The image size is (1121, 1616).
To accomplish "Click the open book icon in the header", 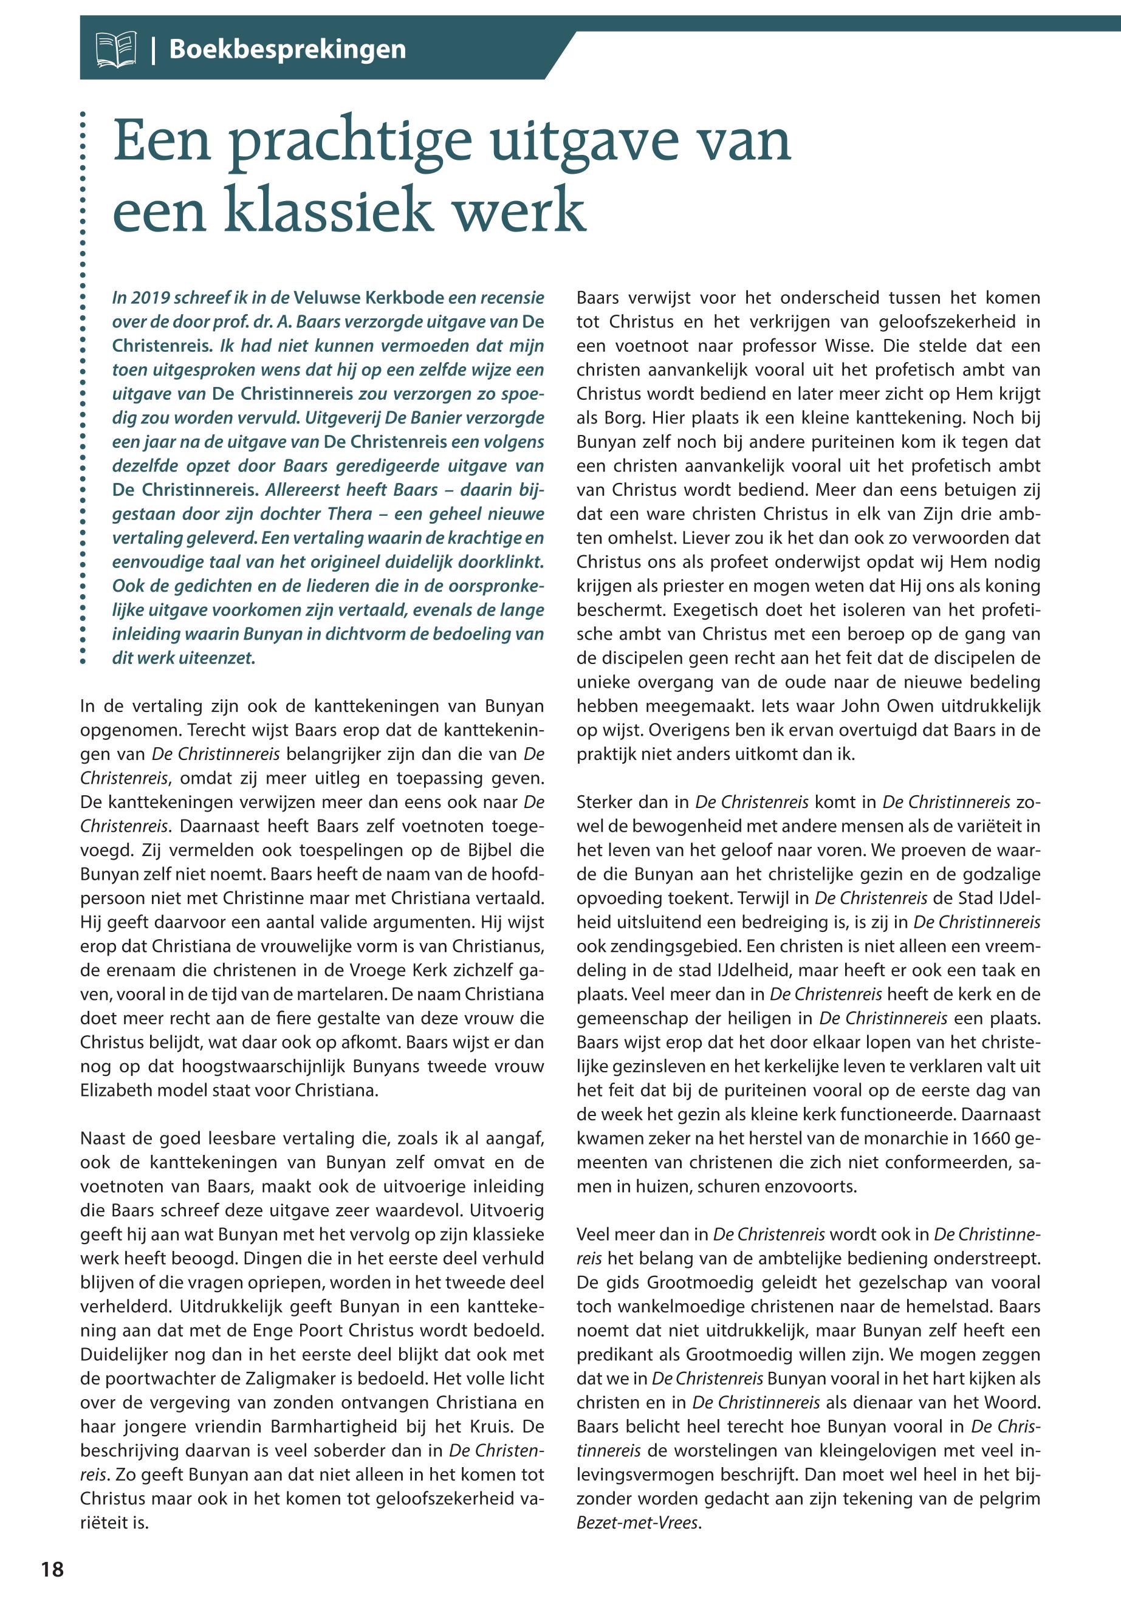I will click(x=116, y=49).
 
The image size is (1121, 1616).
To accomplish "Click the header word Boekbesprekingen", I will click(x=287, y=49).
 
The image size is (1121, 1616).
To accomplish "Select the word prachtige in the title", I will click(x=349, y=141).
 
